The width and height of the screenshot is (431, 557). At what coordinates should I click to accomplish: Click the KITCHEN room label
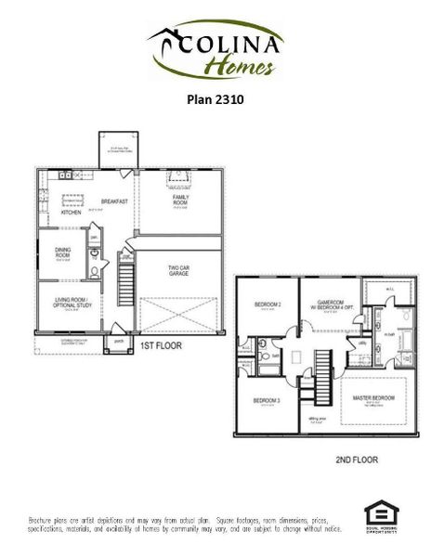pyautogui.click(x=72, y=212)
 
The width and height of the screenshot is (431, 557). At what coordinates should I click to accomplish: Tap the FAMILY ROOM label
pyautogui.click(x=180, y=200)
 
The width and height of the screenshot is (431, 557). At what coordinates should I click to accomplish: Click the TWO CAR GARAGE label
pyautogui.click(x=180, y=272)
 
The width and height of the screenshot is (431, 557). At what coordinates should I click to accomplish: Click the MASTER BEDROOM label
pyautogui.click(x=373, y=397)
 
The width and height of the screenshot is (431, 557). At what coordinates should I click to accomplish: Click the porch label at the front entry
pyautogui.click(x=118, y=340)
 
